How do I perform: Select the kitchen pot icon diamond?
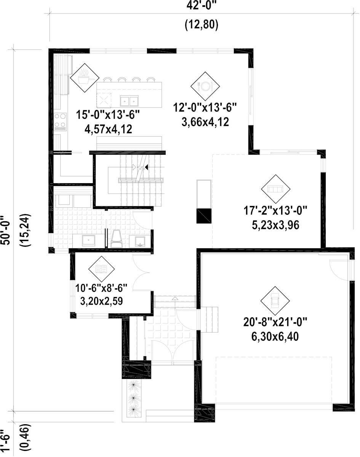tap(84, 78)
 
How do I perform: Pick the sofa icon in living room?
tap(275, 189)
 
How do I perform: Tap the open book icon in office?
tap(101, 269)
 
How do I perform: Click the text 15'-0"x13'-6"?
tap(108, 114)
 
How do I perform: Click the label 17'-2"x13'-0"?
tap(275, 210)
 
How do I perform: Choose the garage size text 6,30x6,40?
tap(275, 337)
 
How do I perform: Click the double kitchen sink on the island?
tap(129, 101)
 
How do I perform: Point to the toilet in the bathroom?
tap(116, 239)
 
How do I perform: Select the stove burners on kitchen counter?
tap(60, 121)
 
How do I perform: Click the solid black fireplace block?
tap(203, 216)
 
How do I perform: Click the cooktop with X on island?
tap(104, 100)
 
